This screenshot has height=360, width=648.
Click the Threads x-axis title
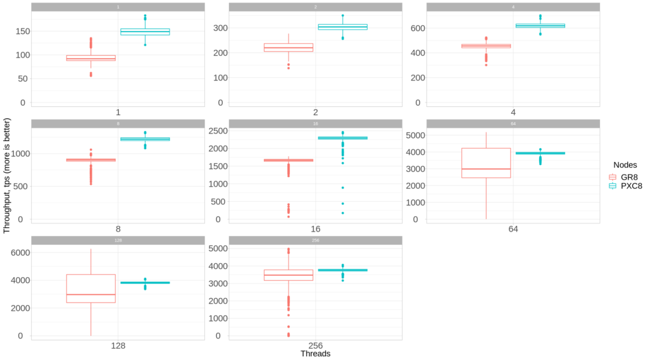pos(315,354)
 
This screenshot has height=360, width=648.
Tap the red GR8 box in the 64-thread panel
pos(486,163)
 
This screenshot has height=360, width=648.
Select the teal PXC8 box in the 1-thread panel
pos(145,32)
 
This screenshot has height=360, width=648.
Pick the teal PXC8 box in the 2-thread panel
pos(342,27)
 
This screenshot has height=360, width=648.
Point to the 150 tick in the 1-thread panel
pos(18,31)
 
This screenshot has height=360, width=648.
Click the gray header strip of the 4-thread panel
pos(513,7)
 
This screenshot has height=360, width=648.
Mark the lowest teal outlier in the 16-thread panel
pos(342,213)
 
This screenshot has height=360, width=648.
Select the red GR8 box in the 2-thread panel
pos(289,47)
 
